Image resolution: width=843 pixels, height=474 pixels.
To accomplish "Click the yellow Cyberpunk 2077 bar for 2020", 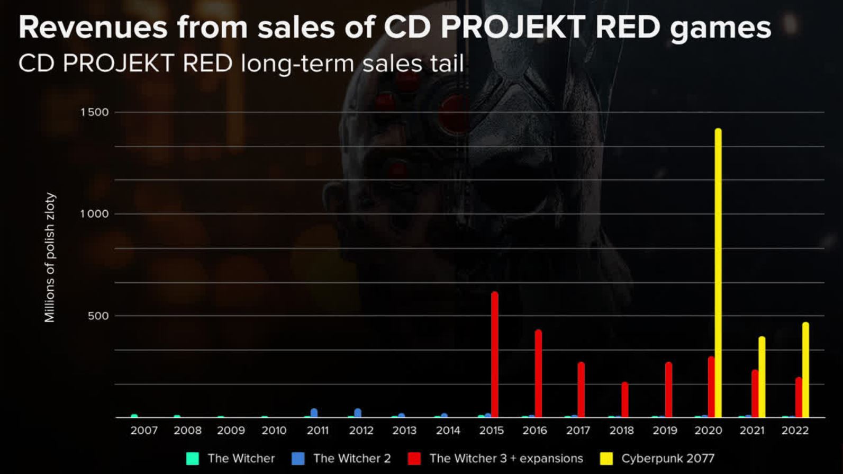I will [718, 273].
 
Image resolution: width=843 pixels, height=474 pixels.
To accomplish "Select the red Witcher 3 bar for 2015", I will [495, 355].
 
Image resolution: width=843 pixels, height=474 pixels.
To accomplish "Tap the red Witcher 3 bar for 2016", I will [538, 374].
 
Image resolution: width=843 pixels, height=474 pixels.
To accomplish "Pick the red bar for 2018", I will [625, 400].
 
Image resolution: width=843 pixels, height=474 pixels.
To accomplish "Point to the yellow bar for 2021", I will [762, 377].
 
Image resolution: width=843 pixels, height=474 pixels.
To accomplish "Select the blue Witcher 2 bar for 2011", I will [314, 413].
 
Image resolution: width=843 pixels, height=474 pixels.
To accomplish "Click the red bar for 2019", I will [668, 390].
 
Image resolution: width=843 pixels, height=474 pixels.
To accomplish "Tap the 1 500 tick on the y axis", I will [94, 112].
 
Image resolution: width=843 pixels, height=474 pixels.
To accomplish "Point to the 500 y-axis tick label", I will [98, 316].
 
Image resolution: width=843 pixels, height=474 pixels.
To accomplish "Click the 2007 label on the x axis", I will [144, 431].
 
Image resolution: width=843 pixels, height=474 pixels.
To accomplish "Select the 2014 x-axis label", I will [448, 431].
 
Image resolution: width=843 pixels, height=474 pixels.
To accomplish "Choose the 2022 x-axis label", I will [795, 431].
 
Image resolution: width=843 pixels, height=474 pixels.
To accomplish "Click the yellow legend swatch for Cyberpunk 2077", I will [606, 459].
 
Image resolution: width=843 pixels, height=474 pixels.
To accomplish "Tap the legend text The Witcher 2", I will [352, 459].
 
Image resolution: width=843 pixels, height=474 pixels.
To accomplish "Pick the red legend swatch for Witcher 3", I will [414, 459].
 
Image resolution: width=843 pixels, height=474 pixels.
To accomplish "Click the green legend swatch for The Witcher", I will [193, 459].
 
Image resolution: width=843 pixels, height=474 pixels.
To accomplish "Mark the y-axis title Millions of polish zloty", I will [50, 257].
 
